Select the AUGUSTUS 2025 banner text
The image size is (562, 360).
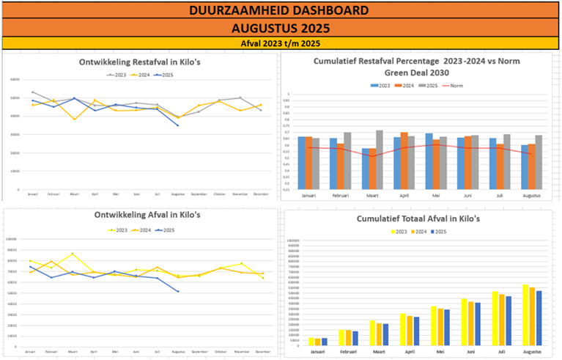click(x=281, y=29)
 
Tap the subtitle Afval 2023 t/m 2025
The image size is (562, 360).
click(x=281, y=44)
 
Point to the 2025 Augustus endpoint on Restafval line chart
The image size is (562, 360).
click(x=177, y=125)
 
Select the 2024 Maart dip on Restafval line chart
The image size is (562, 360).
click(x=74, y=119)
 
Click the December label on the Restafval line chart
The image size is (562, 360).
click(x=261, y=194)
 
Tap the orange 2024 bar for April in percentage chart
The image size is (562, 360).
click(x=404, y=161)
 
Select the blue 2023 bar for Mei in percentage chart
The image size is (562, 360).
click(x=429, y=161)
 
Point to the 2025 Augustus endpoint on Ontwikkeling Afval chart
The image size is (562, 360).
click(x=178, y=292)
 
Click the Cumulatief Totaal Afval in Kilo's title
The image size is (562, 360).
click(x=418, y=218)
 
